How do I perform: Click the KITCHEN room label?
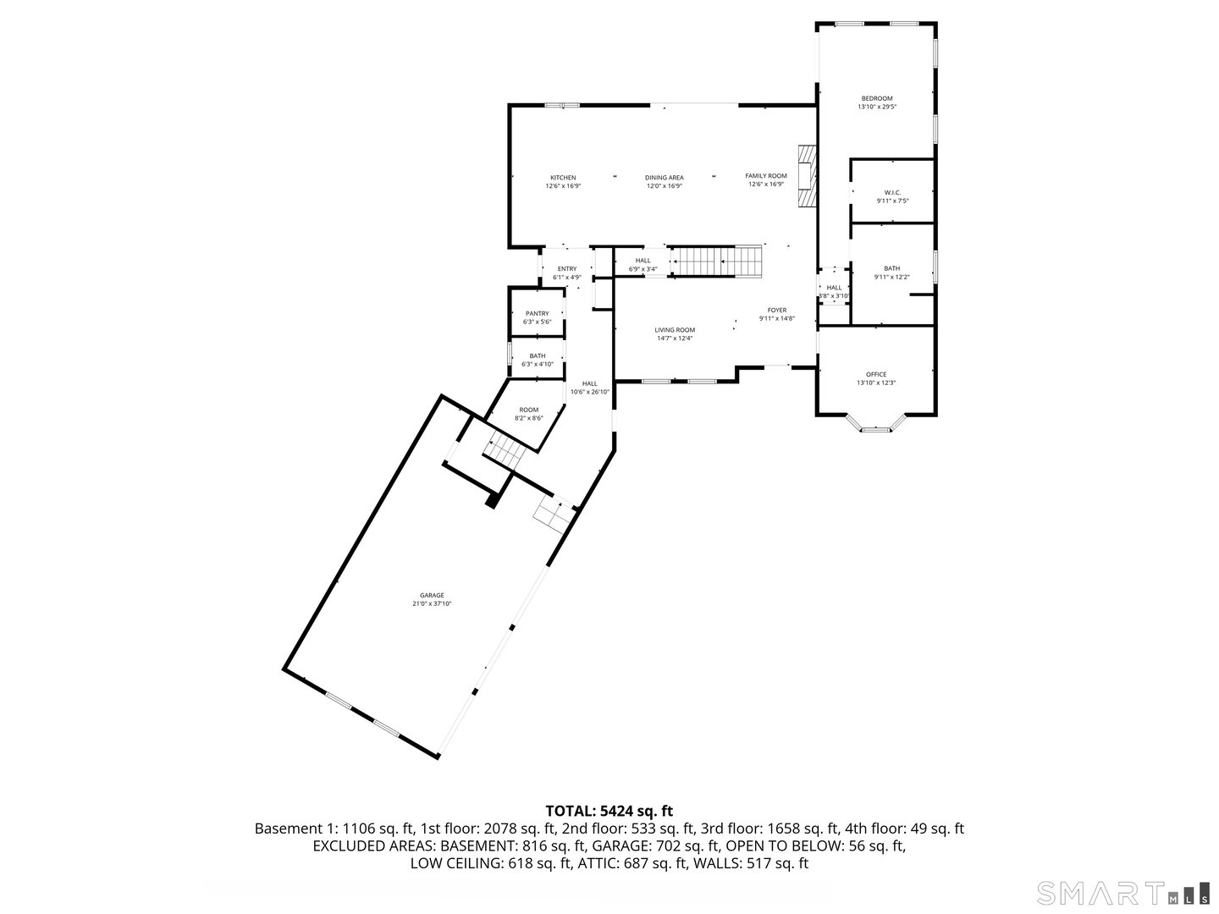point(563,178)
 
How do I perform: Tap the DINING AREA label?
point(665,178)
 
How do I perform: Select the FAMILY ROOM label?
point(766,176)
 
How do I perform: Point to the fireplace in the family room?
point(807,176)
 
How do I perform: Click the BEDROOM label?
point(877,99)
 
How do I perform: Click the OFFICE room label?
point(876,374)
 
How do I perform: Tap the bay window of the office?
point(876,429)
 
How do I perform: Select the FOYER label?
point(777,311)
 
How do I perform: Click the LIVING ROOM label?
point(675,330)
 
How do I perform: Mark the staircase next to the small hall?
point(716,262)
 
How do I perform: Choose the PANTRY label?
point(537,314)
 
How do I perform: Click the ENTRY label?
point(567,269)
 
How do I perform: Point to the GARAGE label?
point(432,595)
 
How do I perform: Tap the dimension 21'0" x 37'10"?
point(432,604)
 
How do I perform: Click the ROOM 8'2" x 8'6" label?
point(529,410)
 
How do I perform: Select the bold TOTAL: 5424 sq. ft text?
point(609,811)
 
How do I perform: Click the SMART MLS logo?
point(1122,893)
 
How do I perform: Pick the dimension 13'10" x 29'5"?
point(877,107)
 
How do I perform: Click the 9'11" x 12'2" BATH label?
point(892,269)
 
